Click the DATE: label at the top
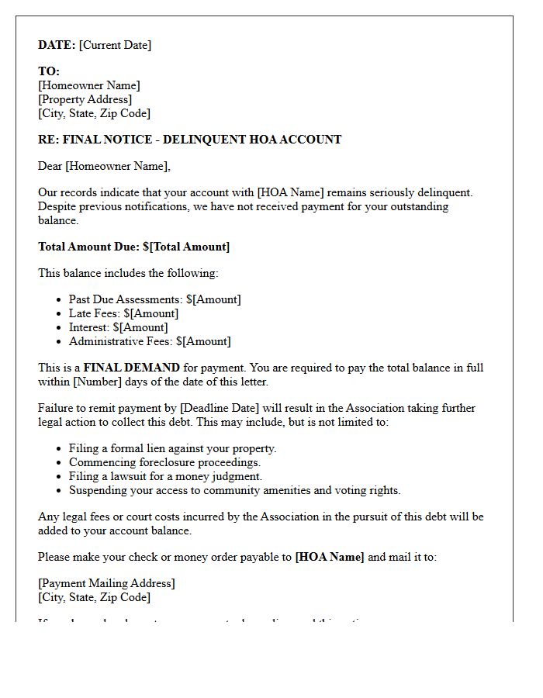[x=57, y=45]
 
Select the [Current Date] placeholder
[x=115, y=45]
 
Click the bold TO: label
[x=49, y=71]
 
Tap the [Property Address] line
[x=85, y=99]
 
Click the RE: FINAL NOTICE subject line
[x=189, y=140]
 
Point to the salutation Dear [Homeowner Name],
[x=104, y=166]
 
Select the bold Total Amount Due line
[x=134, y=247]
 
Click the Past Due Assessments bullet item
[x=154, y=299]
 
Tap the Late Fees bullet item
[x=123, y=313]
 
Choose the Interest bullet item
[x=118, y=327]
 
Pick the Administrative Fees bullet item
[x=150, y=341]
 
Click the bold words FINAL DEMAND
[x=131, y=368]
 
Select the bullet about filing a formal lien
[x=172, y=448]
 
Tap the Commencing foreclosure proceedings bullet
[x=164, y=462]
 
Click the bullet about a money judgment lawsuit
[x=165, y=476]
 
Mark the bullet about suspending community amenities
[x=234, y=490]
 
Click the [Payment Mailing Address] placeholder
[x=107, y=583]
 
